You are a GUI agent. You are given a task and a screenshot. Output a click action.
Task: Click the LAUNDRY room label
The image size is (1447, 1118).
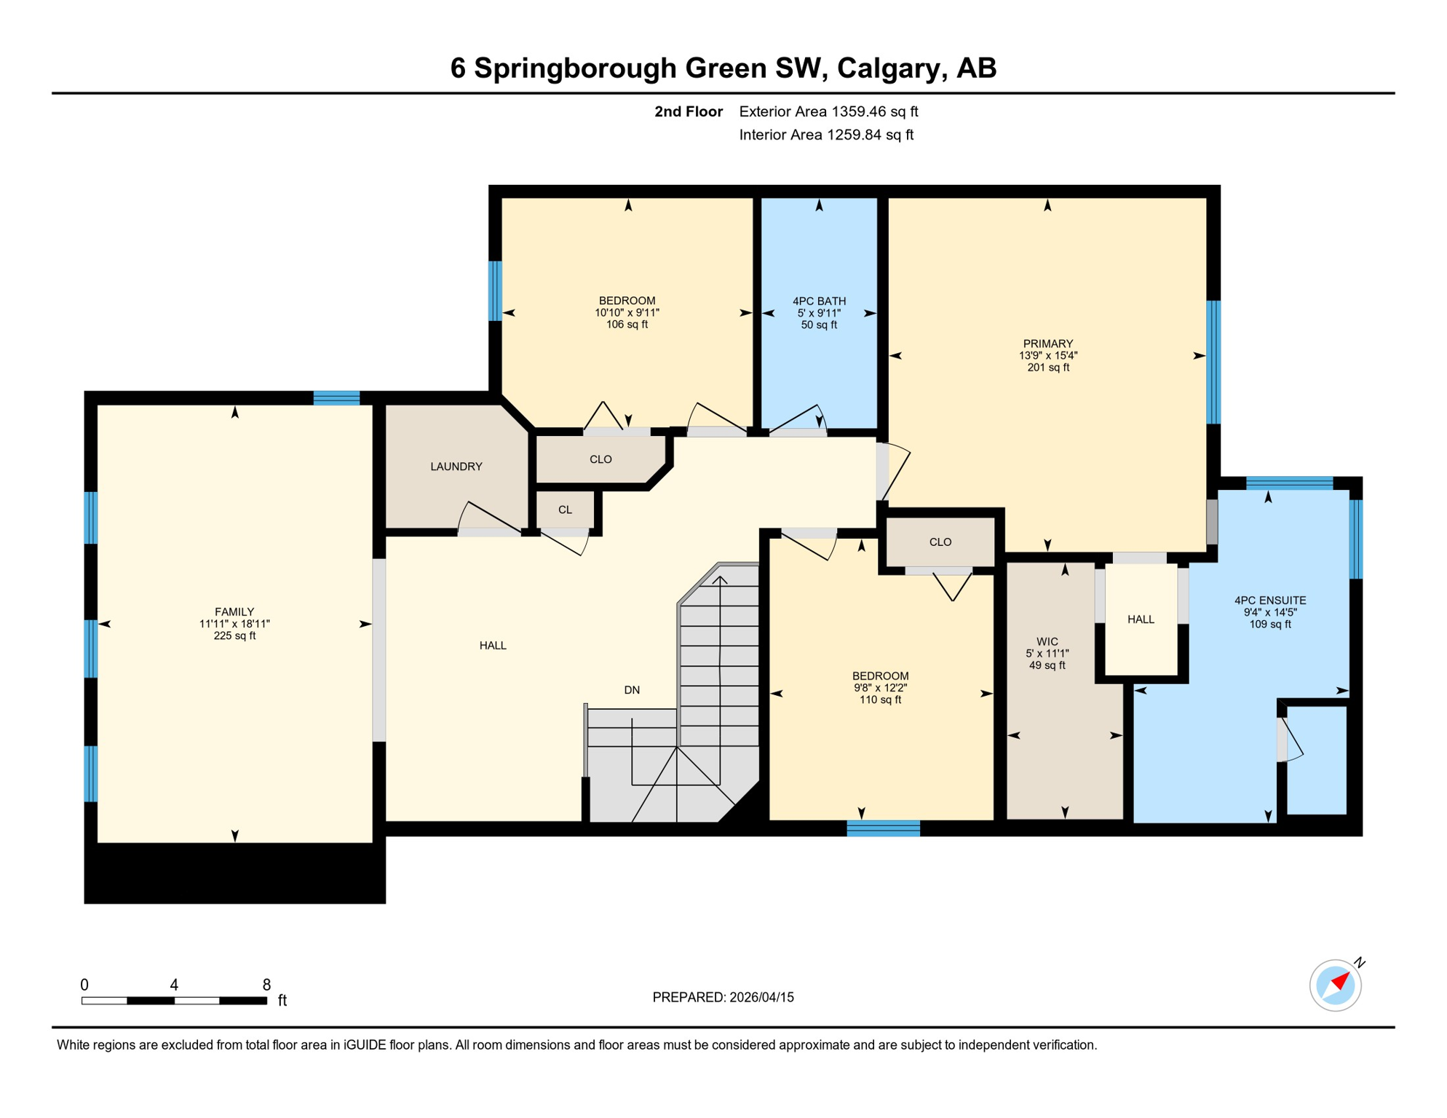(x=456, y=467)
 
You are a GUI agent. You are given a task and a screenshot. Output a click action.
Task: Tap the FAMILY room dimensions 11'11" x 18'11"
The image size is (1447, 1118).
(x=234, y=624)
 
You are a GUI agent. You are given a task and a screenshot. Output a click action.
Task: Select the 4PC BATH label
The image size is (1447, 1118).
(x=819, y=301)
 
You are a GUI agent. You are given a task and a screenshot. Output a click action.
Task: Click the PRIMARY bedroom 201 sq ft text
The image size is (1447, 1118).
(x=1047, y=368)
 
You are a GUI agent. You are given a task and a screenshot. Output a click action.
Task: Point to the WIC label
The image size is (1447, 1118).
(x=1047, y=641)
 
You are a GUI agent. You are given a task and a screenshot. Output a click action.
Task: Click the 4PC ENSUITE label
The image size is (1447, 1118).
(x=1269, y=600)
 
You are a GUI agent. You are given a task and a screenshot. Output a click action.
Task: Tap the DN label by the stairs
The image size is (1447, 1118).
(x=631, y=690)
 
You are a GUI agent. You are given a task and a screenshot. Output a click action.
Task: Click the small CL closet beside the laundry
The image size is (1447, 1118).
(x=565, y=510)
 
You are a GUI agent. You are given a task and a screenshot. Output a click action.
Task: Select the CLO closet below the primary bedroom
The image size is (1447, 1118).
(x=940, y=542)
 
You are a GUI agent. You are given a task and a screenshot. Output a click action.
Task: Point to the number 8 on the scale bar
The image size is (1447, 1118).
(x=266, y=985)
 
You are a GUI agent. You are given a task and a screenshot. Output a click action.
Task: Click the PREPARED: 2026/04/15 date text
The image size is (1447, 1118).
(x=723, y=997)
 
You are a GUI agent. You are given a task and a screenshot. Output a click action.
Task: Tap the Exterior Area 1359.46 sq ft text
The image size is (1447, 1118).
(x=828, y=111)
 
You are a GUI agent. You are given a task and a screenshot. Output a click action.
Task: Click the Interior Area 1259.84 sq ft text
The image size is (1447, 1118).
(x=825, y=135)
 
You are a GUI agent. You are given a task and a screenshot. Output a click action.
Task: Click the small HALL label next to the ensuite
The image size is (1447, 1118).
(x=1140, y=619)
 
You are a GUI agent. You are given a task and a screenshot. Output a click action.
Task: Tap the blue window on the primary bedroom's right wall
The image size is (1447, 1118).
(x=1213, y=362)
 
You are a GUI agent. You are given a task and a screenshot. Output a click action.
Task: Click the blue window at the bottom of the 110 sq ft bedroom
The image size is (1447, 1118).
(x=883, y=828)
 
